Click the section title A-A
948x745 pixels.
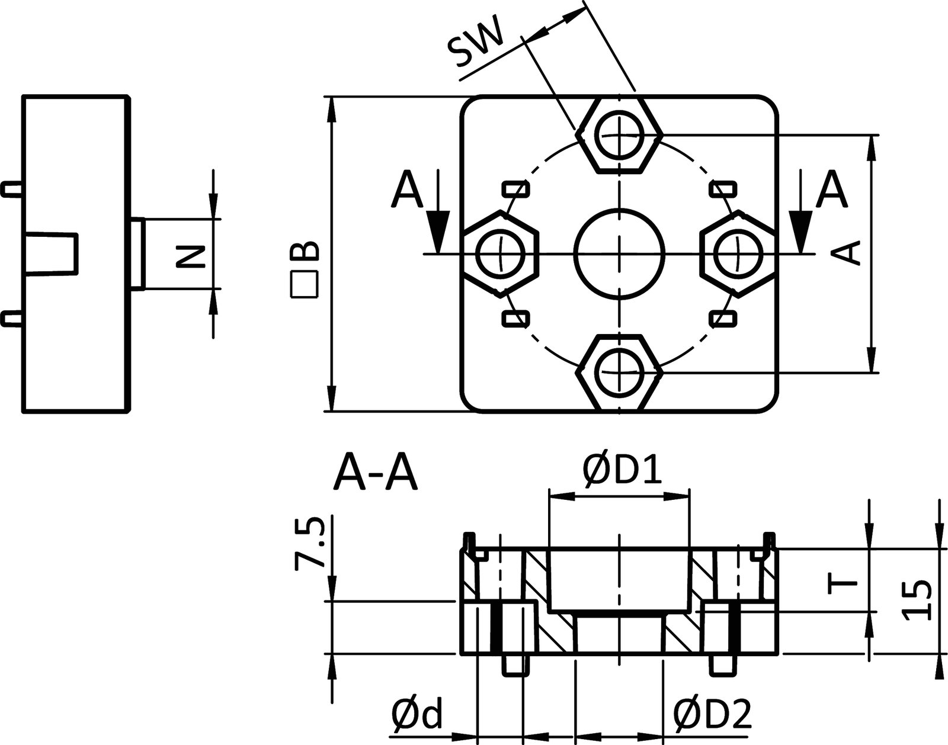[x=376, y=473]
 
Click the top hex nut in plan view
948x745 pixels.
[x=620, y=135]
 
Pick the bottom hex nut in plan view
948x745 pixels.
[x=620, y=372]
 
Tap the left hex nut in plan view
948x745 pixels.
[x=501, y=254]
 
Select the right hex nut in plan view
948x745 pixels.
[x=738, y=254]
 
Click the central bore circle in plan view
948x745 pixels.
[x=620, y=253]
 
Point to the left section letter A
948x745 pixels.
[x=408, y=190]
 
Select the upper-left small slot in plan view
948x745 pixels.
[x=515, y=190]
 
